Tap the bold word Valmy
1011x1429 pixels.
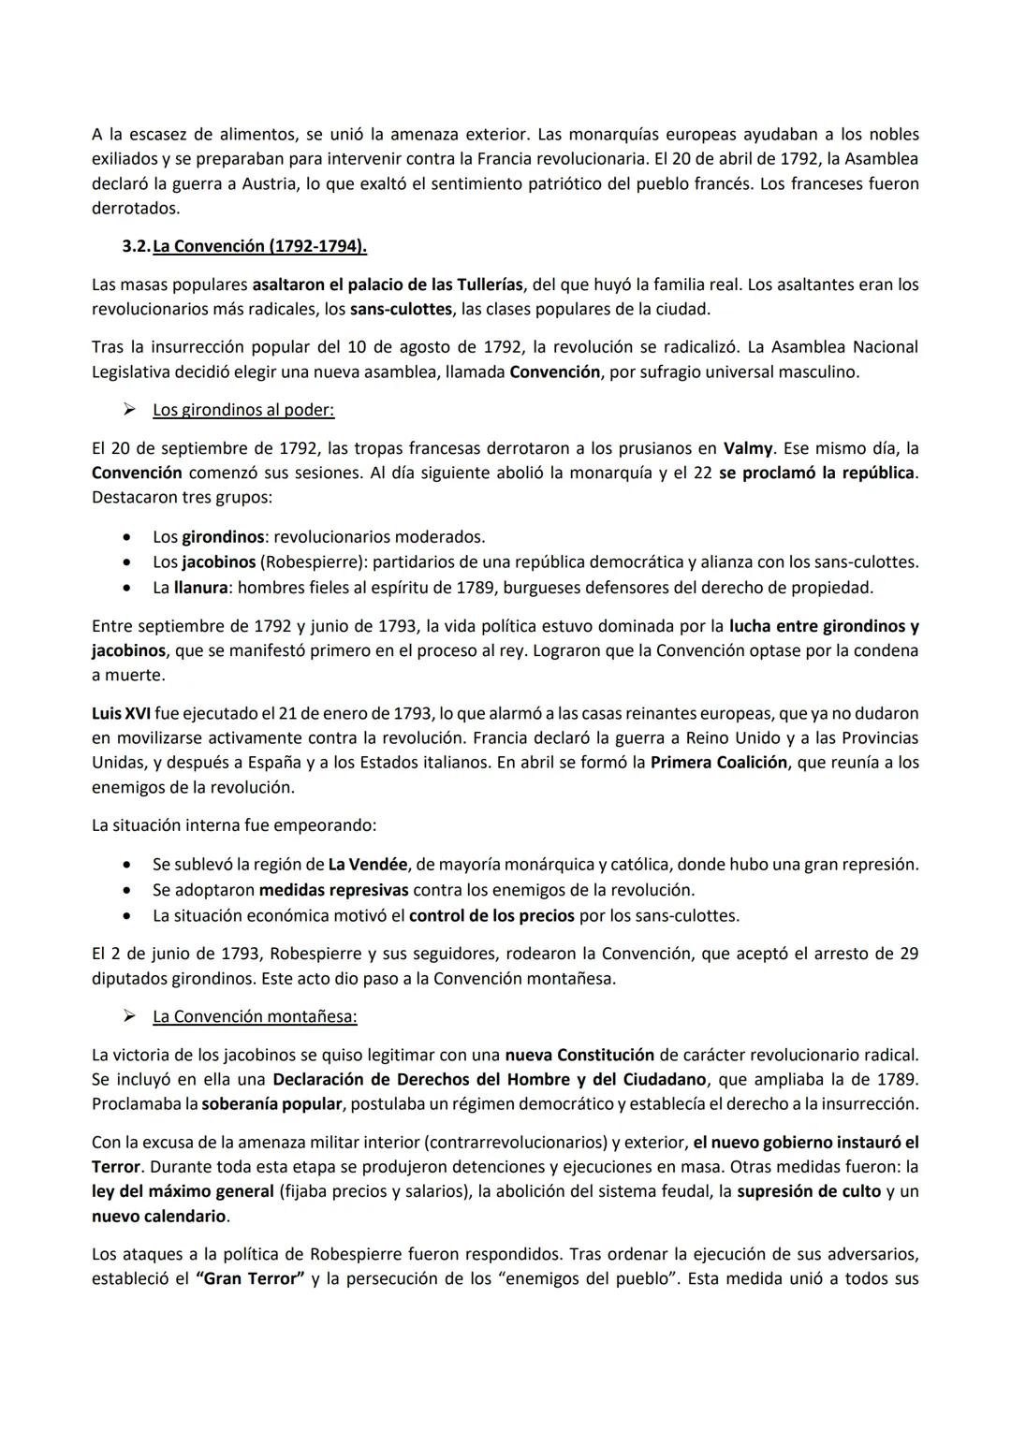[x=748, y=447]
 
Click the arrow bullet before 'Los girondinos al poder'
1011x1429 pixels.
[x=132, y=410]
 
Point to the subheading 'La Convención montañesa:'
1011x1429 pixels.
[x=255, y=1016]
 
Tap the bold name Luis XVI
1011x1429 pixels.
[x=121, y=713]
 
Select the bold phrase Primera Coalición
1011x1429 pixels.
[x=718, y=763]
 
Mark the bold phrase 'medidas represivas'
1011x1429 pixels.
[x=333, y=890]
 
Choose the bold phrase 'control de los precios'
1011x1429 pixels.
[x=491, y=915]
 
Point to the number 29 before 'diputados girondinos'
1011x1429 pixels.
[x=907, y=954]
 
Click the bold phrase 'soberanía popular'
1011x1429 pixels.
[x=271, y=1104]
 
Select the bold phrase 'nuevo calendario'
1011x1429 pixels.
[x=159, y=1217]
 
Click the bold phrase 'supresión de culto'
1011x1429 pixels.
[x=809, y=1191]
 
